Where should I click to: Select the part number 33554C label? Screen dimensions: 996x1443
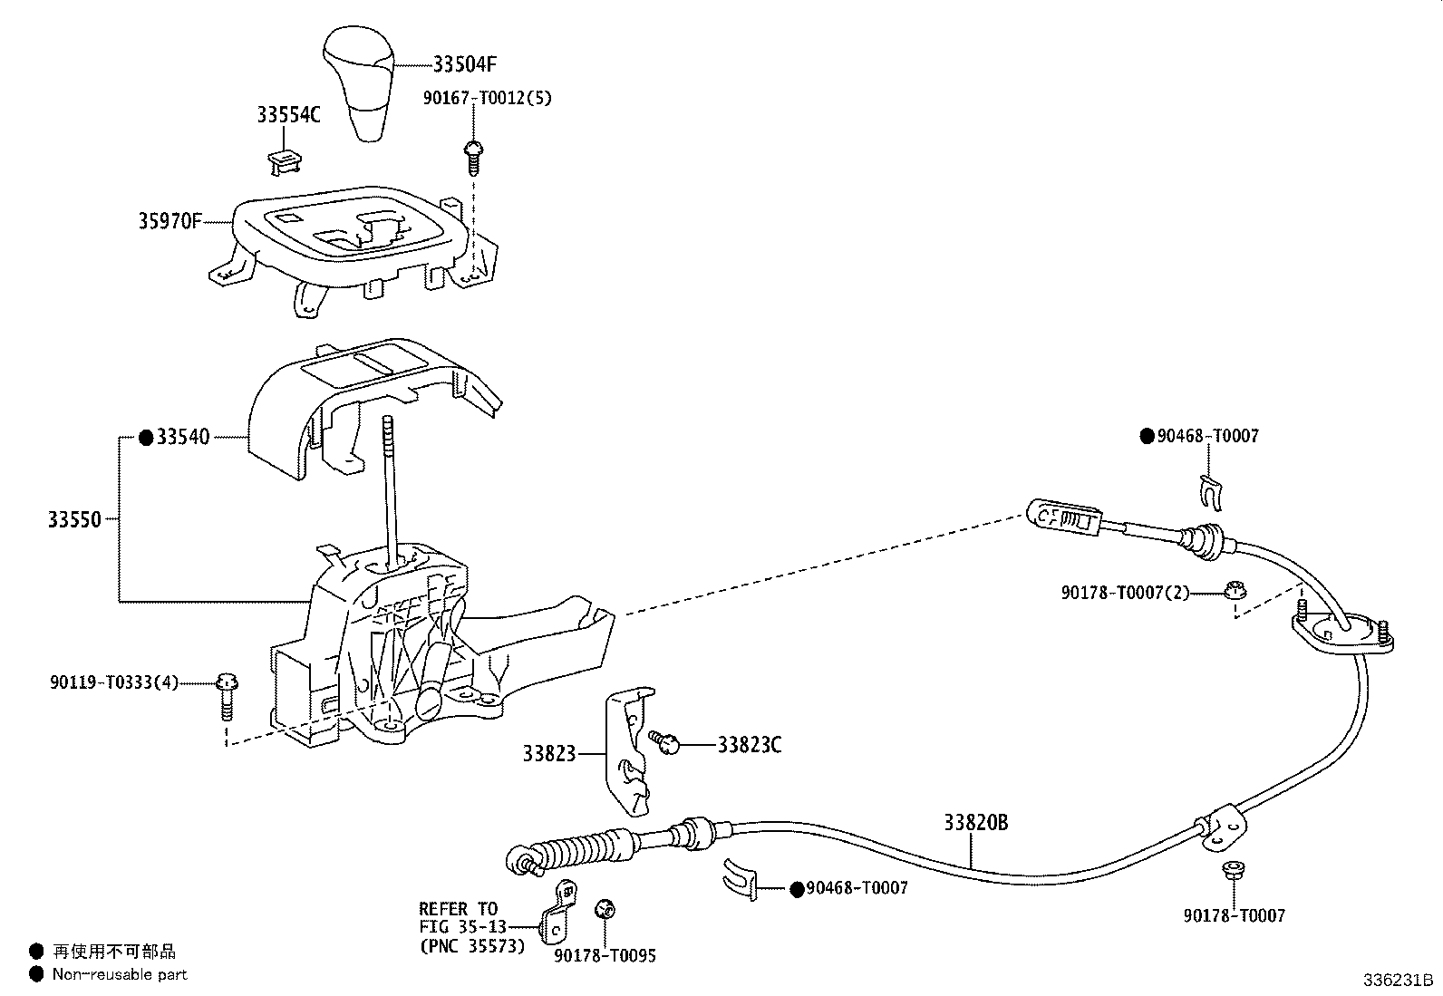click(287, 115)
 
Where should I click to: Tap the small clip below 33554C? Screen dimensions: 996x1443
click(284, 160)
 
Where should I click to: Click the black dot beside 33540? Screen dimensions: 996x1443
click(146, 438)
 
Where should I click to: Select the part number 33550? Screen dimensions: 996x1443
click(74, 519)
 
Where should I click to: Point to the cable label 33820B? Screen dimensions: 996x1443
click(974, 823)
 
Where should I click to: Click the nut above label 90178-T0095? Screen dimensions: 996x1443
click(604, 909)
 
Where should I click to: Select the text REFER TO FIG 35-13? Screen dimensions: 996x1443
click(459, 917)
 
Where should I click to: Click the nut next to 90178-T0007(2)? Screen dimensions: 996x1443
click(1232, 591)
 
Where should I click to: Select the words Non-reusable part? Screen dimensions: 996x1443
click(120, 974)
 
